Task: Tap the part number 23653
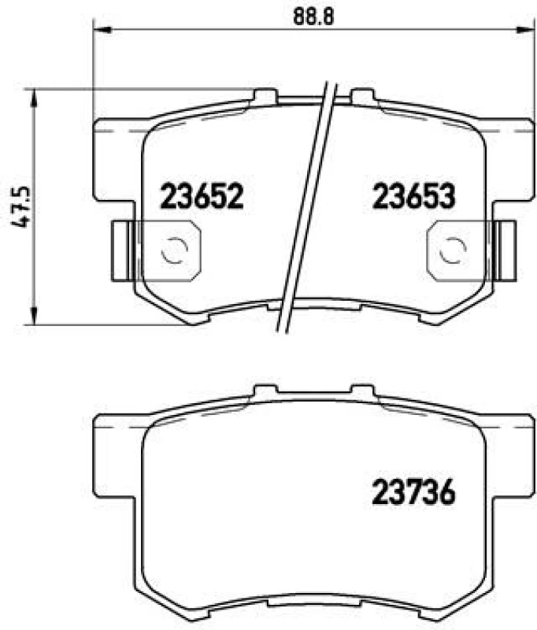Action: (413, 195)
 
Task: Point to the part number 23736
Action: (413, 494)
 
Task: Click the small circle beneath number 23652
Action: (173, 250)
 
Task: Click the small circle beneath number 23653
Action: (451, 250)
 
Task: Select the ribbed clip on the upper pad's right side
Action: (508, 250)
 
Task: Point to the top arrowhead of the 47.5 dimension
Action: (33, 94)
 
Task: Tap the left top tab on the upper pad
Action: (265, 95)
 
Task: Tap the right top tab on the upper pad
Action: (363, 95)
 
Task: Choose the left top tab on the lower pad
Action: (265, 391)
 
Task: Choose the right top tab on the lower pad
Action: (363, 391)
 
